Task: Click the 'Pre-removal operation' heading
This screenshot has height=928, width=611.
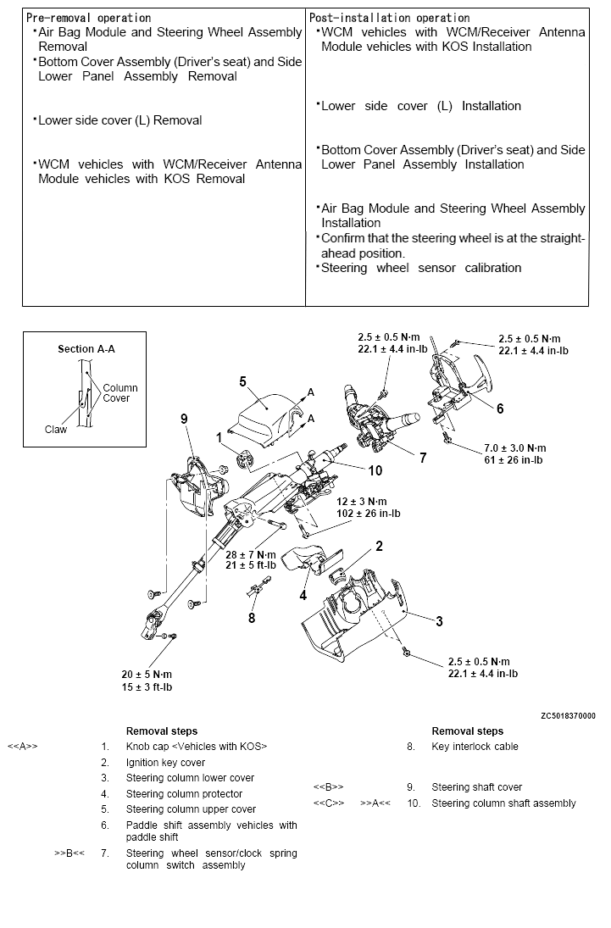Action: tap(89, 18)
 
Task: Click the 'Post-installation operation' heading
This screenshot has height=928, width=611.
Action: tap(390, 18)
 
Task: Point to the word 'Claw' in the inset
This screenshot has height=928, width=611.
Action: tap(56, 430)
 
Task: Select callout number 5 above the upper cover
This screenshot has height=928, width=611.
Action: tap(242, 381)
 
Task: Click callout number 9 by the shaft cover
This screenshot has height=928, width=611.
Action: tap(183, 418)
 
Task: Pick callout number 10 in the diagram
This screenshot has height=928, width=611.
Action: tap(375, 470)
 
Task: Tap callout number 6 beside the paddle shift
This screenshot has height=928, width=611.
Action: tap(500, 408)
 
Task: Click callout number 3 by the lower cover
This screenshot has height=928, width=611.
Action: tap(439, 621)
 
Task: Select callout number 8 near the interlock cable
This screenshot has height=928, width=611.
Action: tap(251, 618)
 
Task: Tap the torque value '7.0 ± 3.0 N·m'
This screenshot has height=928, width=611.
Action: tap(515, 447)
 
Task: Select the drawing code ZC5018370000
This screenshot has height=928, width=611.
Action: tap(568, 715)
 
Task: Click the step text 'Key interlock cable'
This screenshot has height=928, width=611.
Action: tap(475, 747)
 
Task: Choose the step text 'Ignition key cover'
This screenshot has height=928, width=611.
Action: tap(165, 763)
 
